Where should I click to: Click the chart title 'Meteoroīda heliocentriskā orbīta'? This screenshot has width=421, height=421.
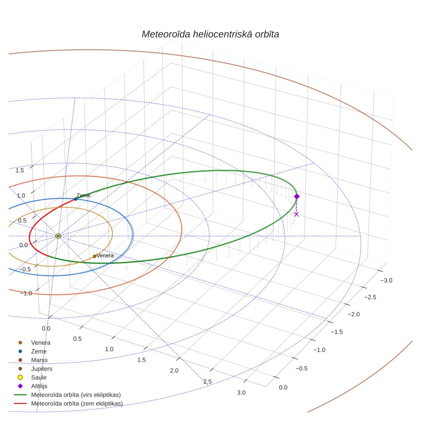[x=210, y=35]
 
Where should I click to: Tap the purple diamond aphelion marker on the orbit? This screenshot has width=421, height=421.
[x=297, y=197]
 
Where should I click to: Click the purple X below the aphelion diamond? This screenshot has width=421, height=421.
[x=297, y=214]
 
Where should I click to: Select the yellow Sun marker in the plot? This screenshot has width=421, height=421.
[x=58, y=236]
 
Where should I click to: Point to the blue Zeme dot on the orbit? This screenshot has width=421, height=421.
[x=76, y=199]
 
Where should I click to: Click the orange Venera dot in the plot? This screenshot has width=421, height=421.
[x=94, y=256]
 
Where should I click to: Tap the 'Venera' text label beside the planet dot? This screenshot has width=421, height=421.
[x=105, y=255]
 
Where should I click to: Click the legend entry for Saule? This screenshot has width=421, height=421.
[x=32, y=377]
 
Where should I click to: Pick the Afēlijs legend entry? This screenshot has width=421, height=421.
[x=32, y=386]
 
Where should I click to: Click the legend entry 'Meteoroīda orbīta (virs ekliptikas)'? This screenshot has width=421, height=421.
[x=67, y=395]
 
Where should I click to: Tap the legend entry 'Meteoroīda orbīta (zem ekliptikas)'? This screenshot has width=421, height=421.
[x=69, y=404]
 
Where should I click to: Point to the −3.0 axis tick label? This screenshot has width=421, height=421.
[x=386, y=280]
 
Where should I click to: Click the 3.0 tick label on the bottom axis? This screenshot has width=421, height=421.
[x=241, y=393]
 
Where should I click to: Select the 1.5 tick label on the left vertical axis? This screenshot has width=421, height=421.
[x=20, y=170]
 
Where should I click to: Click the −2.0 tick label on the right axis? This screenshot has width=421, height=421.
[x=354, y=314]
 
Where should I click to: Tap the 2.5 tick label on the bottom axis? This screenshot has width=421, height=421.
[x=207, y=382]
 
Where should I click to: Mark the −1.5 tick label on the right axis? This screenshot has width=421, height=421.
[x=337, y=332]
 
